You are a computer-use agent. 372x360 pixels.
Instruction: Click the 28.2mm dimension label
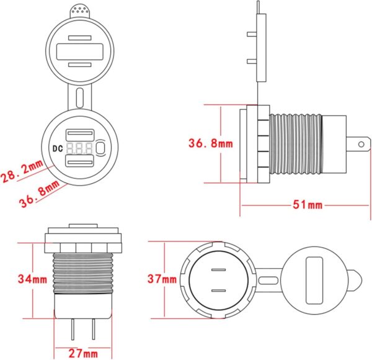point(22,171)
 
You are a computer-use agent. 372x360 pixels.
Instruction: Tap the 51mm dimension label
point(308,204)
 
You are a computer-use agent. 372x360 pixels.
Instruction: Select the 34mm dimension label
point(32,279)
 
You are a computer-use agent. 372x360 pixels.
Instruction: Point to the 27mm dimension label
point(83,354)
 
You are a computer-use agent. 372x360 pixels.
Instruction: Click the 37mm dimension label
point(162,279)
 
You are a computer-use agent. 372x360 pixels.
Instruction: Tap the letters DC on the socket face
point(58,148)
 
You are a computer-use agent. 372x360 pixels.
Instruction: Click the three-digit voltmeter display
point(79,148)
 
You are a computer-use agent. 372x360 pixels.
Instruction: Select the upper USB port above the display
point(80,135)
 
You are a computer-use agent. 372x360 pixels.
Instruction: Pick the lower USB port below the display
point(80,163)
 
